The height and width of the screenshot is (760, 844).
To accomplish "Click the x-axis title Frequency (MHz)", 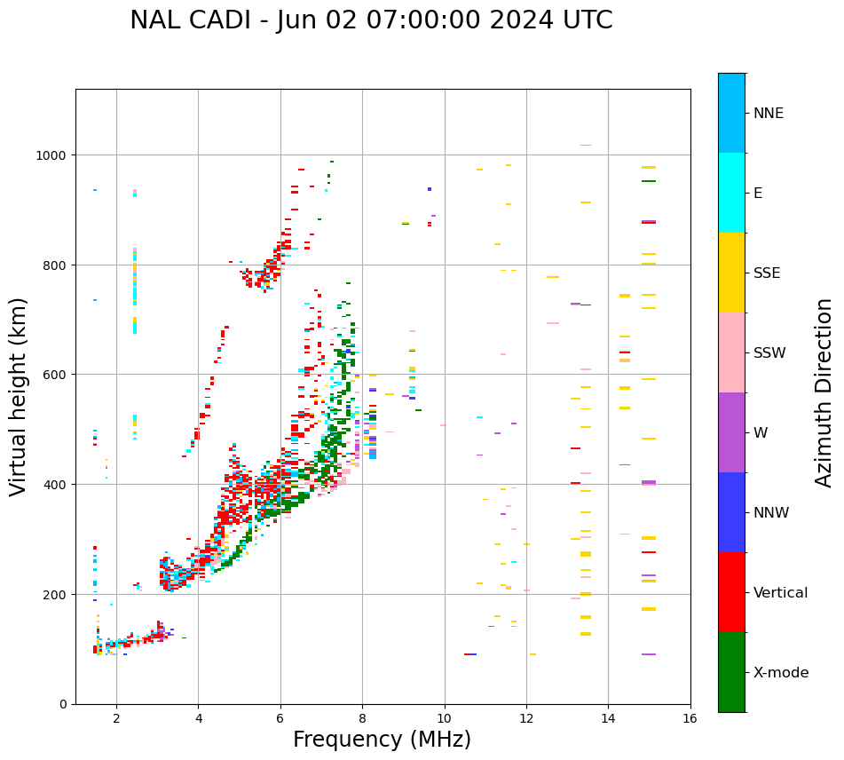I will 382,740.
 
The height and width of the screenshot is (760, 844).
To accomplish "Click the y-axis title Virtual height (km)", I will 20,396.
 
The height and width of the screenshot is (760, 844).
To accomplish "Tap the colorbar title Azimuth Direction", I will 824,392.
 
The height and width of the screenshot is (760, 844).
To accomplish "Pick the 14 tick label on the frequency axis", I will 608,718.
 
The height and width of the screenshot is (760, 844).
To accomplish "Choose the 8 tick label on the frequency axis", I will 362,718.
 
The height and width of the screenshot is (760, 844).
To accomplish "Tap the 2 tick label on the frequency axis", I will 116,718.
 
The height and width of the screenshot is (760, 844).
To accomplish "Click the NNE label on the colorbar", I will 769,114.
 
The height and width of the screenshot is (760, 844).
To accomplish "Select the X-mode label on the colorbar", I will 781,673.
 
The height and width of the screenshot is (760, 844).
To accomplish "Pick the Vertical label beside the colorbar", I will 781,593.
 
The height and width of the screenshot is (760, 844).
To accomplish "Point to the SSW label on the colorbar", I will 769,353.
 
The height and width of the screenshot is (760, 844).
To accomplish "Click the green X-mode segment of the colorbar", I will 731,672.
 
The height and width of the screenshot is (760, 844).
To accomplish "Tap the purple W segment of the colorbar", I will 731,432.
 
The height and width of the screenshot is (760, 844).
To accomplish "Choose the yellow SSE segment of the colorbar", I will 731,273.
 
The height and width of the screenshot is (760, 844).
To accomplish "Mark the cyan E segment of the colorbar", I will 731,193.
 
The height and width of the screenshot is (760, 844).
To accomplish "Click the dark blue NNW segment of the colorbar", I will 731,512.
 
